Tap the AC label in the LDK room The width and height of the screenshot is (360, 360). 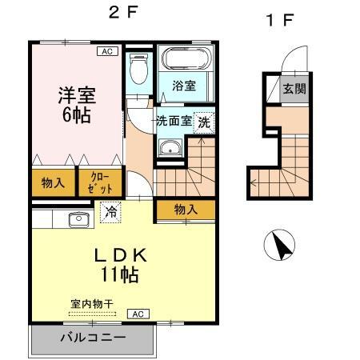(x=138, y=314)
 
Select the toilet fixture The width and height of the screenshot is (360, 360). (x=139, y=69)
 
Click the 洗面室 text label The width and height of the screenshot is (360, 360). (x=174, y=122)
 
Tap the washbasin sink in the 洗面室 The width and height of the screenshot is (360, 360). (x=170, y=149)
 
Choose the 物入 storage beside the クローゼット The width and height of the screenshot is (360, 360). (x=54, y=183)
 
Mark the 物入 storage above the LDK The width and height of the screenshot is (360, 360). (x=186, y=210)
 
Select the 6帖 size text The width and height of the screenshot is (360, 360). (x=77, y=113)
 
